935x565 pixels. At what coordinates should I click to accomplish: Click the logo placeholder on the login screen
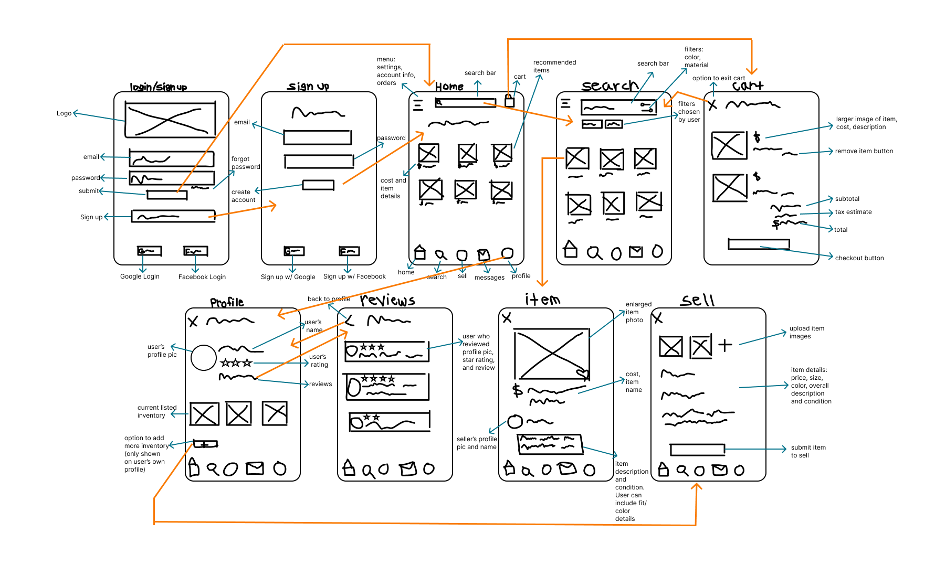(170, 120)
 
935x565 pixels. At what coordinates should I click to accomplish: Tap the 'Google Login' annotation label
(140, 276)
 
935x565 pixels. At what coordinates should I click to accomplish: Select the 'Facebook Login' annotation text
(202, 277)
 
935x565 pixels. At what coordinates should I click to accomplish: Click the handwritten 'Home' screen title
(449, 87)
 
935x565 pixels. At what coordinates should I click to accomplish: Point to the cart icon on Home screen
(509, 100)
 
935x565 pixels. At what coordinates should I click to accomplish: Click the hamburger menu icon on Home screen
(418, 105)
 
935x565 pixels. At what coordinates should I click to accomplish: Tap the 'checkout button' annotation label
(859, 258)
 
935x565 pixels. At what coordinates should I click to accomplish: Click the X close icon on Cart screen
(712, 105)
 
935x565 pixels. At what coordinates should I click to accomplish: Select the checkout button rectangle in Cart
(759, 244)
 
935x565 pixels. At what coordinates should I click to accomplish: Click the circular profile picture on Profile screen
(204, 358)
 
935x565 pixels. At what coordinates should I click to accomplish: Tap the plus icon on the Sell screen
(725, 345)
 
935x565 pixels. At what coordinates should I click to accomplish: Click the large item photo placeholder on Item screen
(551, 354)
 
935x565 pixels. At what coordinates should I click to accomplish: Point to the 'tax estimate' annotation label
(853, 212)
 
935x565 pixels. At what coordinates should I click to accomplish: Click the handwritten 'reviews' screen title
(387, 301)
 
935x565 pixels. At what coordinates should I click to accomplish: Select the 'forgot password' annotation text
(246, 163)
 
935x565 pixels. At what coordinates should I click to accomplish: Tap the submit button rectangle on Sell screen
(697, 450)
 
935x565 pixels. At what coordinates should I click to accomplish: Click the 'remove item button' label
(864, 151)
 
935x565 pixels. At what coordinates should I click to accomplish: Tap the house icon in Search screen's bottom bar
(570, 250)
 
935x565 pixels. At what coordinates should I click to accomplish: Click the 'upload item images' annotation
(806, 332)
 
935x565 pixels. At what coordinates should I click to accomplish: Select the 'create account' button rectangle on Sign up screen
(318, 185)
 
